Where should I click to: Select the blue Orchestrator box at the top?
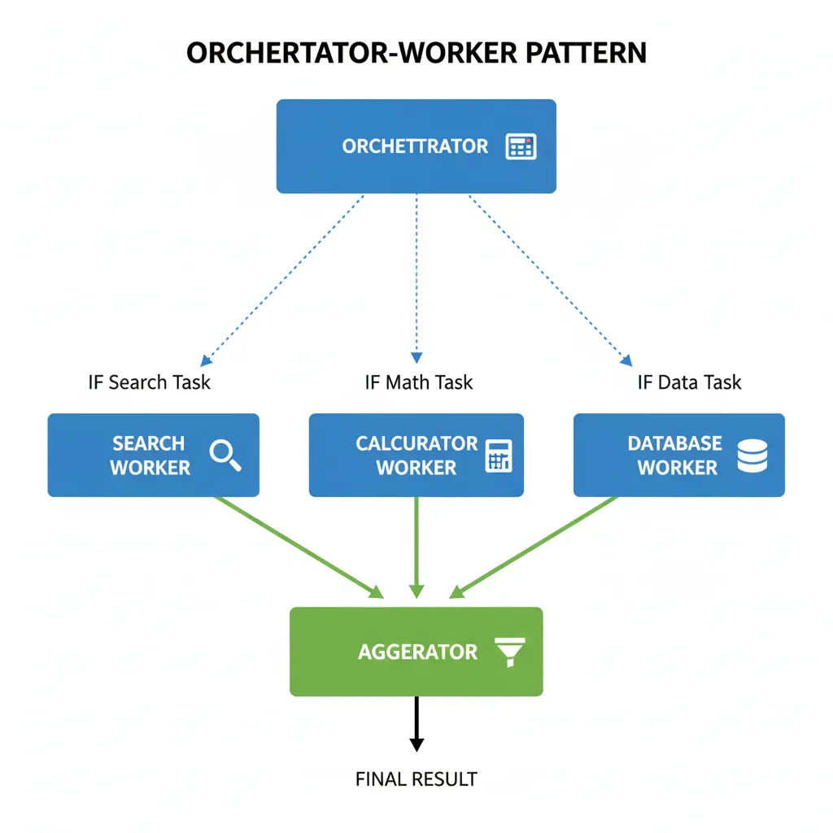point(416,146)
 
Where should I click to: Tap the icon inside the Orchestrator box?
point(521,146)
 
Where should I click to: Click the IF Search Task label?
point(149,382)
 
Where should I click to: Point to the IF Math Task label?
point(418,382)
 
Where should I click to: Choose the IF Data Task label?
point(689,382)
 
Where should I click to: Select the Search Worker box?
point(153,456)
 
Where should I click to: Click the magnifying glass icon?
point(225,455)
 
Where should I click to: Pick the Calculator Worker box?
point(416,456)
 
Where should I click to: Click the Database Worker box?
point(678,456)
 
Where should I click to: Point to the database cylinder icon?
point(752,455)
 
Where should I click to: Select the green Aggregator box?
point(416,652)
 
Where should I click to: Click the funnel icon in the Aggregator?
point(510,652)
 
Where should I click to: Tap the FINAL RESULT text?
point(416,779)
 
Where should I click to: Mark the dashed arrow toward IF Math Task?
point(416,277)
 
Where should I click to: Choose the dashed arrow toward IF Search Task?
point(285,277)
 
